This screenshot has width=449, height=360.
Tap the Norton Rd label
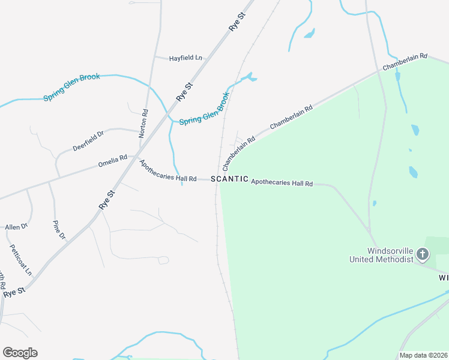[x=144, y=124]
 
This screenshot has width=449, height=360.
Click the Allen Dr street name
[x=16, y=226]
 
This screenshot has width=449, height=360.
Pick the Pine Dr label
[x=59, y=230]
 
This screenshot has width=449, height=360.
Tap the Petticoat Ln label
[x=20, y=260]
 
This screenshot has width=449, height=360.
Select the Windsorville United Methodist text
[x=382, y=255]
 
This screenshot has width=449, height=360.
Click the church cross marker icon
[x=423, y=254]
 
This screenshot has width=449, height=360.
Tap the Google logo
[x=20, y=353]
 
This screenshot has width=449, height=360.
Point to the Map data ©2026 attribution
[x=423, y=355]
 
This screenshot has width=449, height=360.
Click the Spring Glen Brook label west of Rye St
[x=71, y=87]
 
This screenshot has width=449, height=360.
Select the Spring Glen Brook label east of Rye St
[x=205, y=109]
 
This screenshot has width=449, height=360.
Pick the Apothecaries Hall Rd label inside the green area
[x=282, y=182]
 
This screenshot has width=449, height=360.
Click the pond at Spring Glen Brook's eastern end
[x=249, y=77]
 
